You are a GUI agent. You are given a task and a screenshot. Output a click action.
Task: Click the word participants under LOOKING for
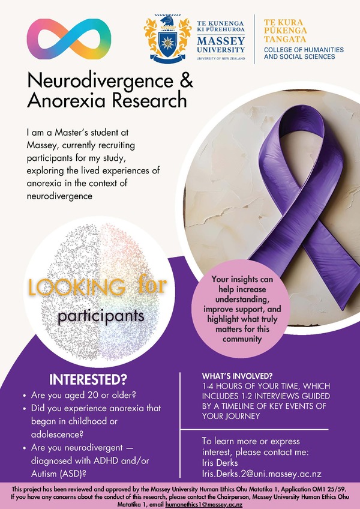pos(101,315)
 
